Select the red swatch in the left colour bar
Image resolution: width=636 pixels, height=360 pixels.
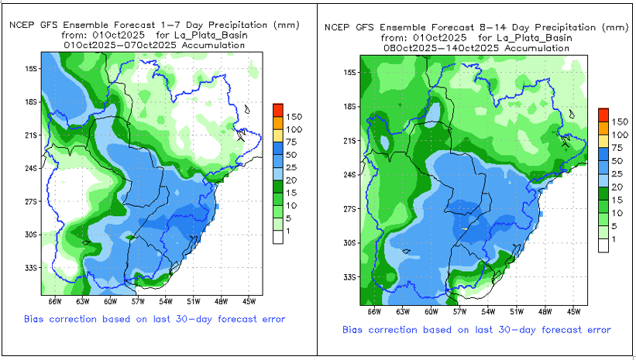point(278,109)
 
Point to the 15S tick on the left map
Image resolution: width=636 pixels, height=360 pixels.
point(32,68)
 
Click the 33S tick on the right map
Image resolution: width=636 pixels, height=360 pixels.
point(349,276)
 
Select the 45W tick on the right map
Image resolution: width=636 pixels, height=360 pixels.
point(573,311)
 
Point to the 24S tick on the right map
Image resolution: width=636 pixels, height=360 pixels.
point(349,174)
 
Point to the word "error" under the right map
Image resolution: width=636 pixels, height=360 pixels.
point(596,330)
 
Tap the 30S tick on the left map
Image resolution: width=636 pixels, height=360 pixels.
point(32,235)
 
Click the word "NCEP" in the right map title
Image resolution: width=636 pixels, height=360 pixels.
point(339,27)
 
